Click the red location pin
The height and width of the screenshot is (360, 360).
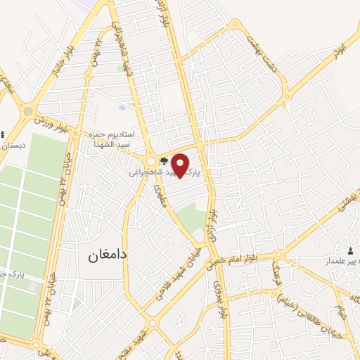point(181,165)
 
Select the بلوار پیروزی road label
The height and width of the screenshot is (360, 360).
point(220,292)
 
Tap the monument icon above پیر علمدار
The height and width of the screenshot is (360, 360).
point(351,251)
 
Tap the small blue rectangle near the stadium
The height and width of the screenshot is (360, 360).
point(122,108)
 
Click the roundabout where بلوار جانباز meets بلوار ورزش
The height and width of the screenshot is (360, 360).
point(28,111)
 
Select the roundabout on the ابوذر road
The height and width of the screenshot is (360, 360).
point(287,95)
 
